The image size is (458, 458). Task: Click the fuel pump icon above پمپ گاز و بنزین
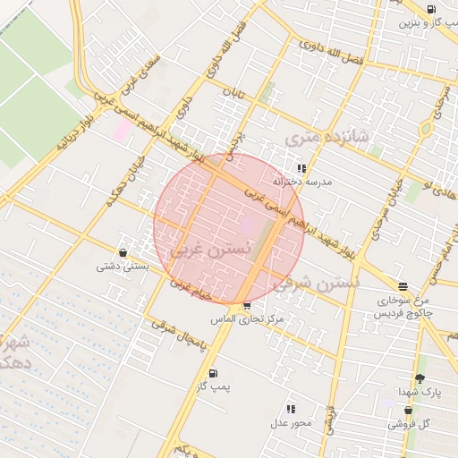[432, 10]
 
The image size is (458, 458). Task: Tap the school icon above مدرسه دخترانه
[301, 168]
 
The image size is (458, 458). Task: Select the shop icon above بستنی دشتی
[123, 253]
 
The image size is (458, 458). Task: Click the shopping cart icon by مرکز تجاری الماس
[247, 306]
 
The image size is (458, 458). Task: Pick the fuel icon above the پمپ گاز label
[213, 373]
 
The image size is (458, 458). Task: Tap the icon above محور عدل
[292, 409]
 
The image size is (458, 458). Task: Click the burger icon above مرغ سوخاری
[403, 286]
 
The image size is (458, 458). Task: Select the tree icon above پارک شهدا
[420, 378]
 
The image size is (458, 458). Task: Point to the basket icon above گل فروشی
[408, 411]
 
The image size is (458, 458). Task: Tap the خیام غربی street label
[189, 287]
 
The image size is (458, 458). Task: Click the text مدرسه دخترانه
[307, 182]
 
